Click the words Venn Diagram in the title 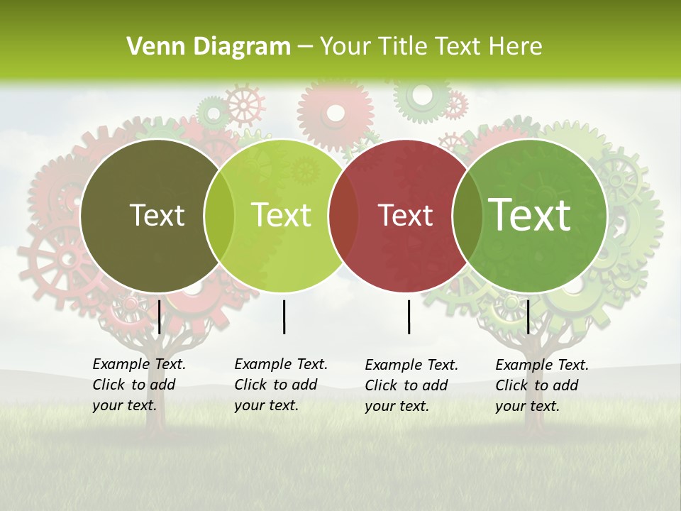coord(209,47)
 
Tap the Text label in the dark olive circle coord(157,215)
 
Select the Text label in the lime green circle coord(281,215)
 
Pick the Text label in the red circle coord(405,215)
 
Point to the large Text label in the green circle coord(529,215)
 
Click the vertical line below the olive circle coord(160,317)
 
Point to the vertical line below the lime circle coord(284,317)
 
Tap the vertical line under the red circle coord(409,317)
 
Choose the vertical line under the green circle coord(528,317)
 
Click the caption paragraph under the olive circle coord(138,385)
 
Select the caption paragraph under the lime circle coord(280,385)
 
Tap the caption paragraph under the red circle coord(411,385)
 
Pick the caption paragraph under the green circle coord(541,385)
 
